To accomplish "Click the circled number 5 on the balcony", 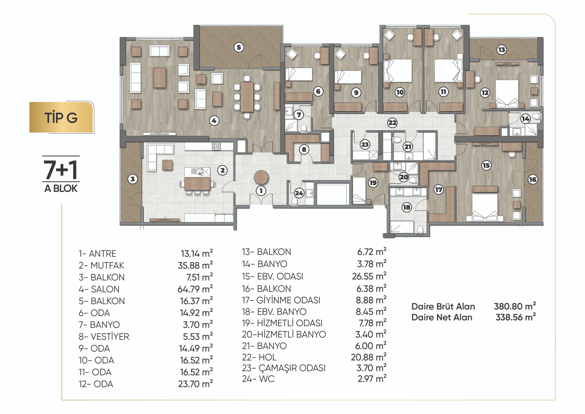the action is pos(239,47).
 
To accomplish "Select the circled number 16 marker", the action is pos(532,180).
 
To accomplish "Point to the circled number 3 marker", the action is pos(133,179).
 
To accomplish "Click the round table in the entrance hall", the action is pos(261,177).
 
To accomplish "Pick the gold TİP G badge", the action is pos(61,117).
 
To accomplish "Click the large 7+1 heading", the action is pos(61,169).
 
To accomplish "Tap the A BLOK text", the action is pos(61,188).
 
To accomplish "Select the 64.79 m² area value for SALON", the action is pos(195,289).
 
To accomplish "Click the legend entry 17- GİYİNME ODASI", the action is pos(281,300).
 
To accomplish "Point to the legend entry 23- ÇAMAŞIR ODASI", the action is pos(284,368).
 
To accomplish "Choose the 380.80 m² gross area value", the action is pos(515,306).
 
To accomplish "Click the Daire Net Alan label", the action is pos(442,317).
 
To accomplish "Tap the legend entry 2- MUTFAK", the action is pos(101,266).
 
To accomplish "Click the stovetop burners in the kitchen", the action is pos(216,146).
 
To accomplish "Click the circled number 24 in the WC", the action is pos(299,193).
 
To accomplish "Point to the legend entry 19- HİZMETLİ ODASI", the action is pos(282,323).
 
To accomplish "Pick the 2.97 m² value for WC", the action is pos(372,379).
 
